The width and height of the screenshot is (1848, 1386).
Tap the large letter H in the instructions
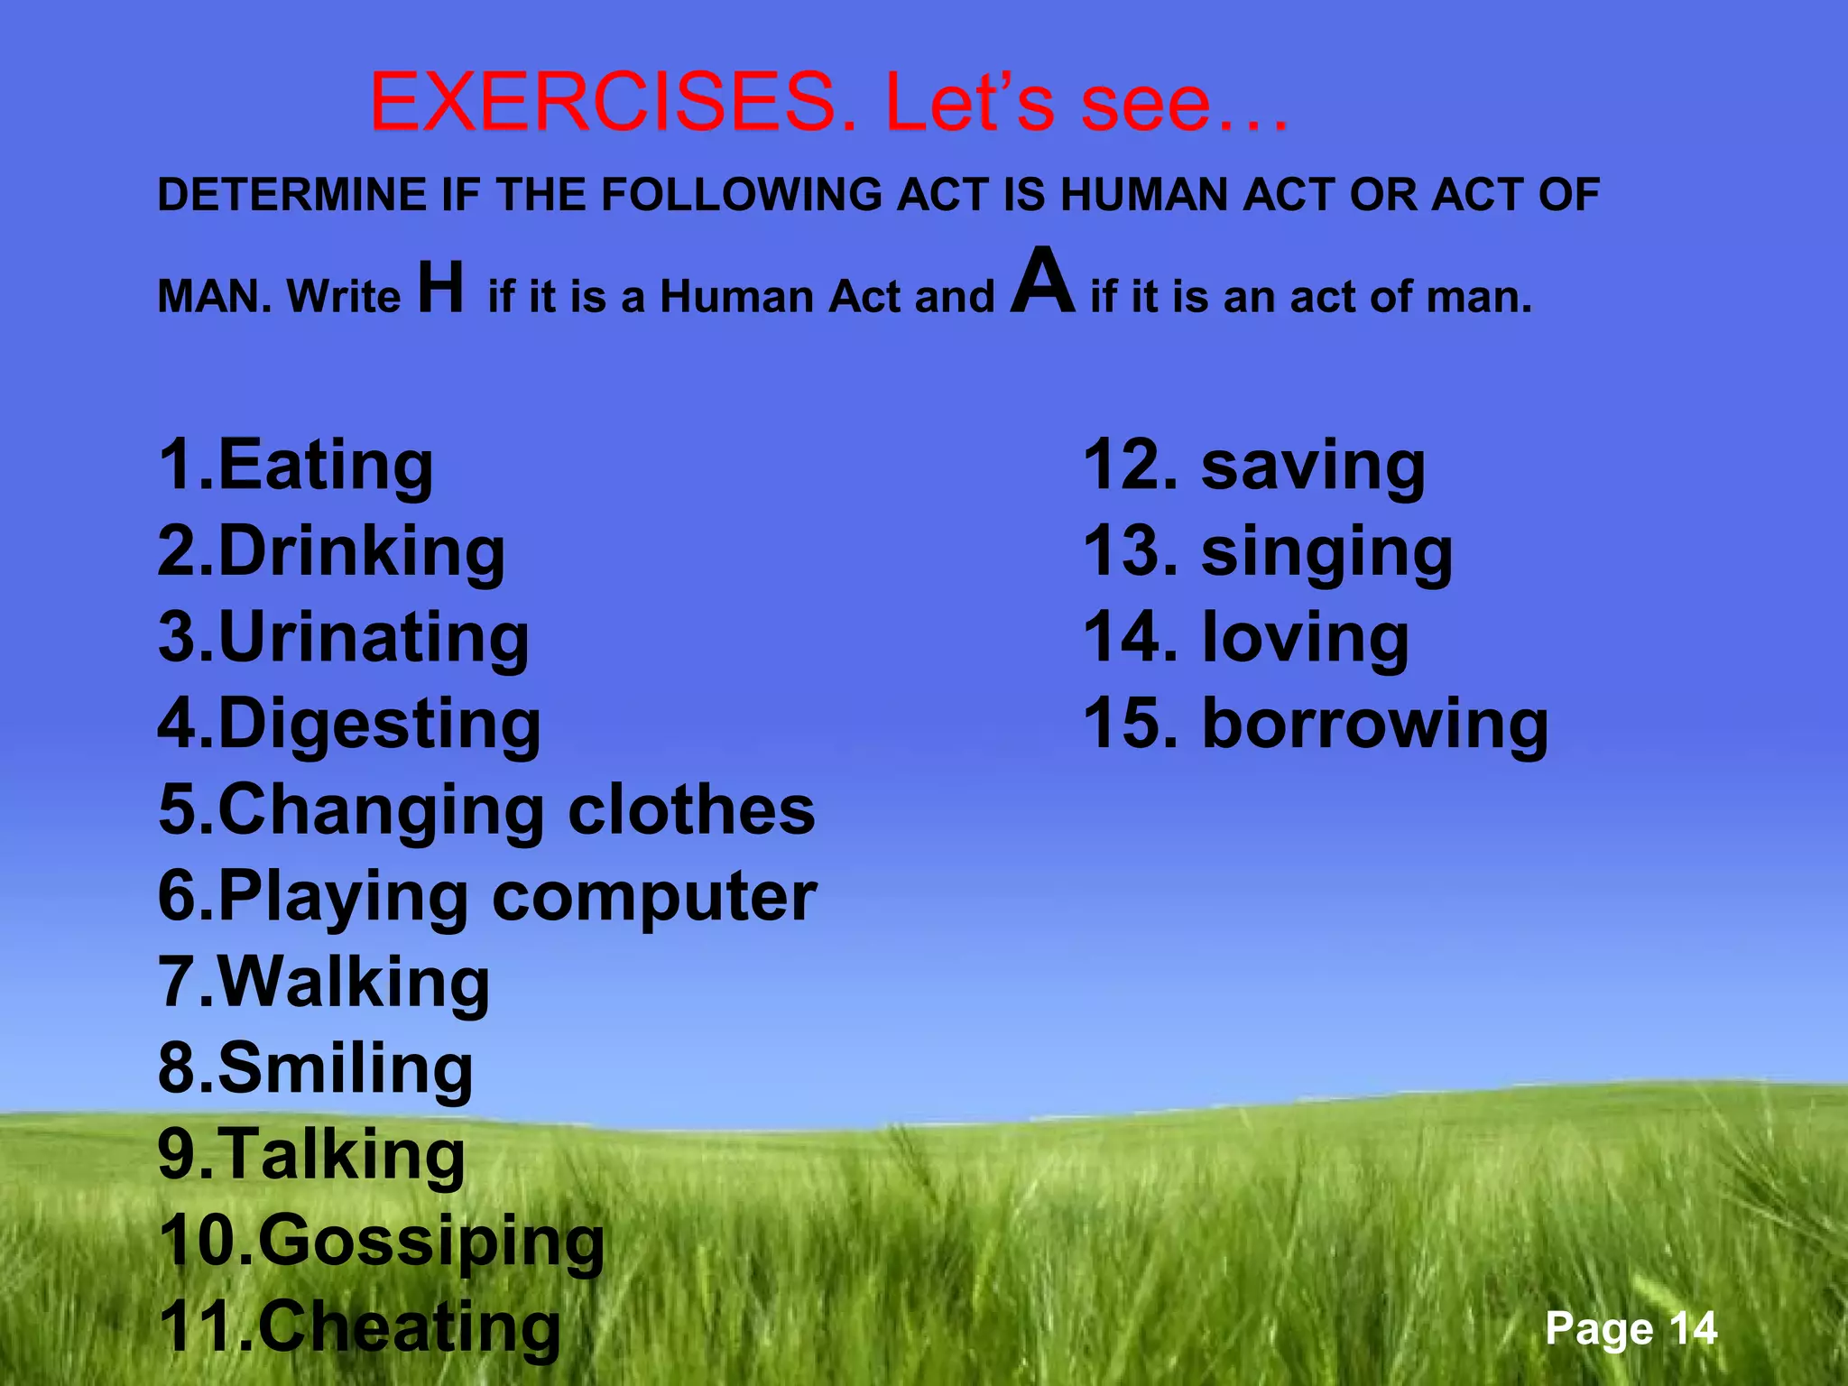(x=441, y=287)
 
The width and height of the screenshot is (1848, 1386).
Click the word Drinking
(x=361, y=551)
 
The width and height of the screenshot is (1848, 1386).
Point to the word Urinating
(x=373, y=637)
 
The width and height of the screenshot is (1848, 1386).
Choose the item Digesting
(x=379, y=724)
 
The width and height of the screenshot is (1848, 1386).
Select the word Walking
(x=354, y=982)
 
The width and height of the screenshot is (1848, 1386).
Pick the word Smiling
(x=345, y=1067)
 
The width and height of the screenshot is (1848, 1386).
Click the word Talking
(x=341, y=1154)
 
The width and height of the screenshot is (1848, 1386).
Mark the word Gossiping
(x=431, y=1241)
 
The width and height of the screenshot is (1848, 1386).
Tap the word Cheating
(x=409, y=1326)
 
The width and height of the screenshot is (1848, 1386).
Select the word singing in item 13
(x=1326, y=551)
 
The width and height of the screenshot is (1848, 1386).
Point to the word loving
(x=1305, y=637)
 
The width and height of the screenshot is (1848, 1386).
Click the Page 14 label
(x=1630, y=1328)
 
